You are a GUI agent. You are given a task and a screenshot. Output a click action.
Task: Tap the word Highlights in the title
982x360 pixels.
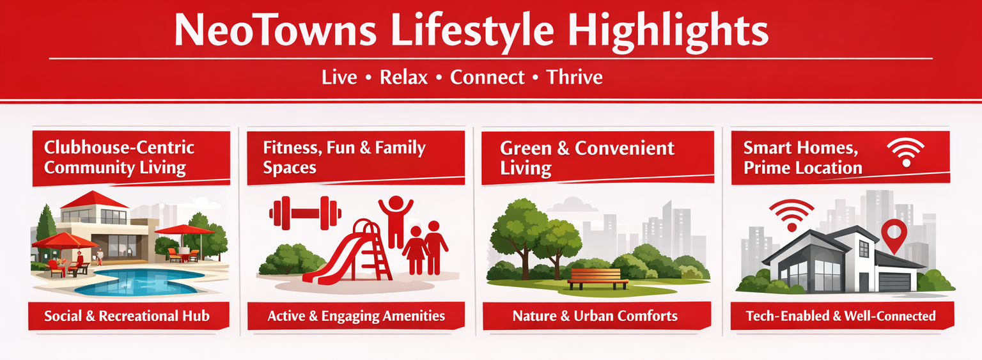coord(667,30)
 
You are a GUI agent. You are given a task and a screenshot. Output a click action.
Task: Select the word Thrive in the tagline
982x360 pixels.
coord(574,77)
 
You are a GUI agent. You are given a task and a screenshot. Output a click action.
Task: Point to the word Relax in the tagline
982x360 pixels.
coord(404,77)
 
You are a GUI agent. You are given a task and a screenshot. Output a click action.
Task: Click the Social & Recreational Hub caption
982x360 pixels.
coord(127,316)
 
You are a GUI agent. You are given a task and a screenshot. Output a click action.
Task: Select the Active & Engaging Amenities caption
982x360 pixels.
coord(356,316)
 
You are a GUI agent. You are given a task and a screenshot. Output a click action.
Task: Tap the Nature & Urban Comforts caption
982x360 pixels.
coord(595,316)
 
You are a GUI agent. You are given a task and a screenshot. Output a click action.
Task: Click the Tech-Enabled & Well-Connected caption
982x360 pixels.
coord(841,316)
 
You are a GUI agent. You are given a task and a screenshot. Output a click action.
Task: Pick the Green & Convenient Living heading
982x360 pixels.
coord(587,158)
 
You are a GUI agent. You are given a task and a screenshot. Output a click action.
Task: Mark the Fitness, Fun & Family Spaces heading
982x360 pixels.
coord(344,157)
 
